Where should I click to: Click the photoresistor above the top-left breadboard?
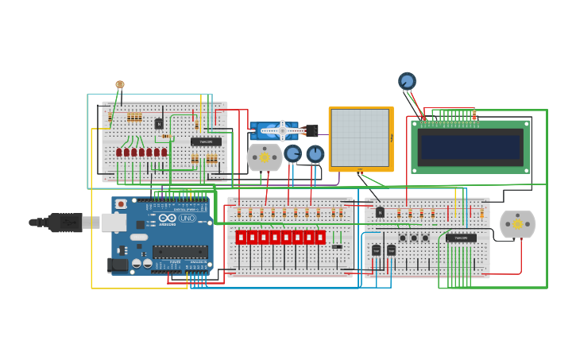pos(120,84)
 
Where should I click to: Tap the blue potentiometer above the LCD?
pos(407,81)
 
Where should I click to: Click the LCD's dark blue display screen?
pos(470,147)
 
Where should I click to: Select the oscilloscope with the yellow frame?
pos(361,138)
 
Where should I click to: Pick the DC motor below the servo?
pos(265,157)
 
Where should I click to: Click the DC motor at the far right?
pos(517,224)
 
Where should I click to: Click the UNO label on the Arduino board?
pos(187,218)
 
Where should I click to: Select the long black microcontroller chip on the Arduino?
pos(180,251)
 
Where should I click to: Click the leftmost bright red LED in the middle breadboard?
pos(241,237)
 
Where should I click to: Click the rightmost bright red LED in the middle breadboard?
pos(320,237)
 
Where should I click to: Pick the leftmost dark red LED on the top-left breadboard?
pos(119,152)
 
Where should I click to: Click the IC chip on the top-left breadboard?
pos(206,142)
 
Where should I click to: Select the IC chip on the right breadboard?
pos(461,238)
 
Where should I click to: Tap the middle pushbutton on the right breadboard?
pos(414,238)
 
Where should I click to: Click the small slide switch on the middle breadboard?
pos(337,246)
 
